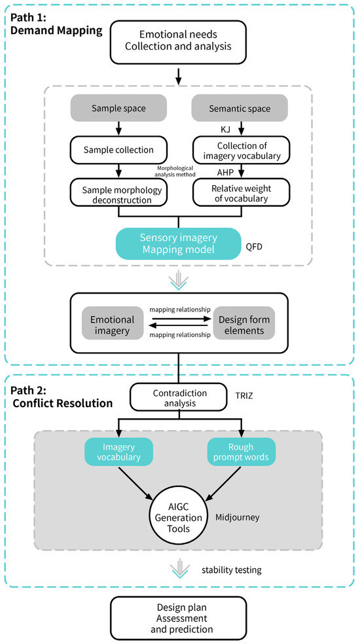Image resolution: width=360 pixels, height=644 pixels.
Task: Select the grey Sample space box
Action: tap(118, 109)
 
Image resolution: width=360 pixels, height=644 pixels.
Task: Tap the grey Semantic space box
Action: tap(240, 109)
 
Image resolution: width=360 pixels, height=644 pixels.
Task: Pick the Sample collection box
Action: tap(118, 150)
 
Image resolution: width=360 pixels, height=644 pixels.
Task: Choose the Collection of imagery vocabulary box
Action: tap(242, 150)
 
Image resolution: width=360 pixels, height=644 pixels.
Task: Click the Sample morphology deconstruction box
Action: tap(118, 192)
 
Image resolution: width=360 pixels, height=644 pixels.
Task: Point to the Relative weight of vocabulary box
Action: tap(242, 192)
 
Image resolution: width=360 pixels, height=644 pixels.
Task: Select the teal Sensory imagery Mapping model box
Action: tap(178, 243)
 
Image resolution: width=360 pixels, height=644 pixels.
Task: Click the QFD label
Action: tap(254, 247)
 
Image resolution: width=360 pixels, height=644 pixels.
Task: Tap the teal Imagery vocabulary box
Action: tap(118, 452)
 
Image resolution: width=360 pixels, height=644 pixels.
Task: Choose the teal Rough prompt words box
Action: tap(242, 452)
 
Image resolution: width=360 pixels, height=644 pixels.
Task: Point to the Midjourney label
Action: tap(238, 517)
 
